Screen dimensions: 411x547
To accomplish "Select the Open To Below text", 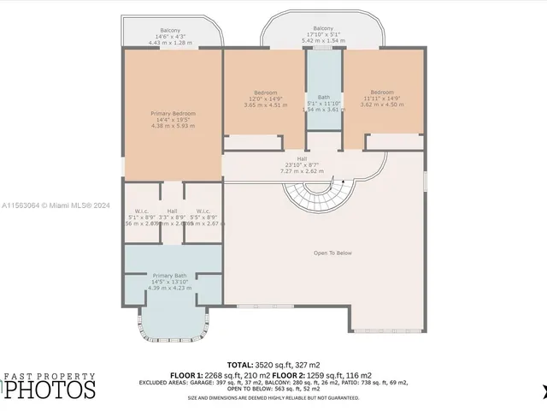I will (332, 253).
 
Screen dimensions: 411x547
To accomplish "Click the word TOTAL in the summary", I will (241, 364).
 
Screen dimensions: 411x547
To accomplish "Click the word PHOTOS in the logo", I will (53, 390).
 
